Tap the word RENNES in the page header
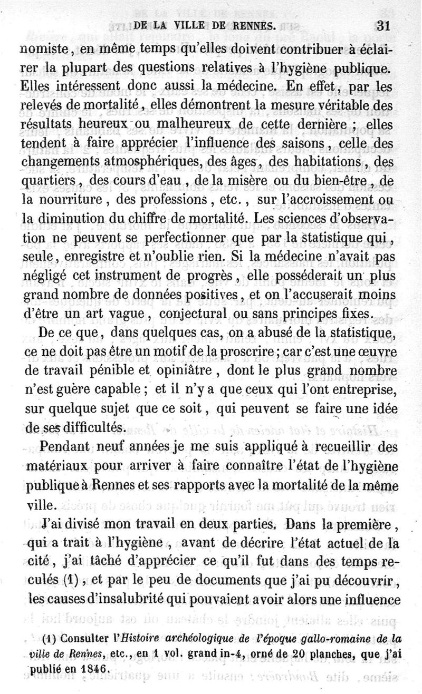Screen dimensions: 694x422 (x=251, y=25)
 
